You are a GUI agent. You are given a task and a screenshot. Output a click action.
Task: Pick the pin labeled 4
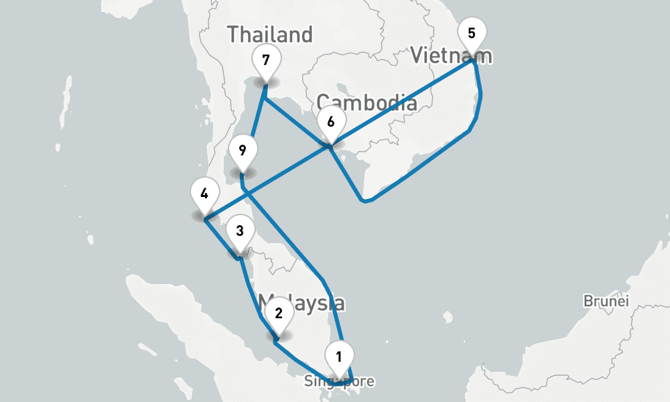[204, 195]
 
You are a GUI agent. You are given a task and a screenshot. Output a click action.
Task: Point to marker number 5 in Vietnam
[472, 33]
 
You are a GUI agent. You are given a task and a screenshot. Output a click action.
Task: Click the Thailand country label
[270, 34]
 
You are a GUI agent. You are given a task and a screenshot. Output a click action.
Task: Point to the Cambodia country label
[367, 103]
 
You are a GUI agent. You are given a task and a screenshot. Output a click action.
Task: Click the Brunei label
[606, 301]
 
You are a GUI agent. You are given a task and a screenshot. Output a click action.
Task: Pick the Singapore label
[339, 382]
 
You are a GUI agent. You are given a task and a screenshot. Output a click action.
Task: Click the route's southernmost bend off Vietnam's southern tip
[362, 200]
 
